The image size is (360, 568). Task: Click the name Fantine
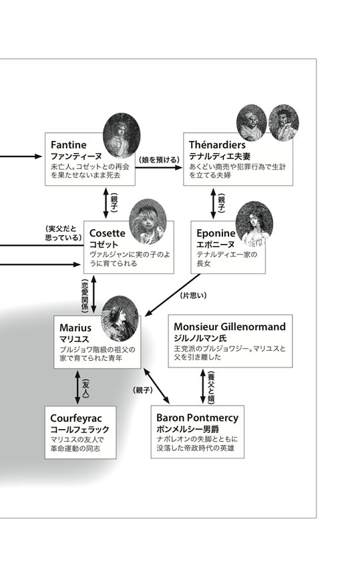pyautogui.click(x=68, y=145)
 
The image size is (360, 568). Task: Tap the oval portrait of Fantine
pyautogui.click(x=122, y=136)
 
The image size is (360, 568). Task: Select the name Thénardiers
pyautogui.click(x=217, y=145)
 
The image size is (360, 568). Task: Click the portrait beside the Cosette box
pyautogui.click(x=148, y=221)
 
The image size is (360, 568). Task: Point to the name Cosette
pyautogui.click(x=107, y=233)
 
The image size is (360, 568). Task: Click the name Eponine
pyautogui.click(x=216, y=233)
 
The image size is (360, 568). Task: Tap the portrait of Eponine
pyautogui.click(x=254, y=224)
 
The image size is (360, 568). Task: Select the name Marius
pyautogui.click(x=75, y=328)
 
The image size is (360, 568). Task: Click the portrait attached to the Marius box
pyautogui.click(x=120, y=319)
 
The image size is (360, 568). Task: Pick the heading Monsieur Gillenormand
pyautogui.click(x=230, y=327)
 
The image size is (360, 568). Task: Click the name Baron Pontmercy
pyautogui.click(x=198, y=418)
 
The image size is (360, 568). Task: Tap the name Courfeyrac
pyautogui.click(x=76, y=418)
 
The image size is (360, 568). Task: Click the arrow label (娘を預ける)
pyautogui.click(x=159, y=160)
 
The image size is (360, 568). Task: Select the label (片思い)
pyautogui.click(x=194, y=295)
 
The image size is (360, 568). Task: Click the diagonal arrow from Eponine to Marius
pyautogui.click(x=172, y=295)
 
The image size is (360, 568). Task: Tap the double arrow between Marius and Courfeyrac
pyautogui.click(x=77, y=387)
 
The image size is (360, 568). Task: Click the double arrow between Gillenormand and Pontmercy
pyautogui.click(x=203, y=386)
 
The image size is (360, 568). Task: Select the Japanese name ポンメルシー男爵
pyautogui.click(x=188, y=429)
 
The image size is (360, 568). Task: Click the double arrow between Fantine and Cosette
pyautogui.click(x=106, y=203)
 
